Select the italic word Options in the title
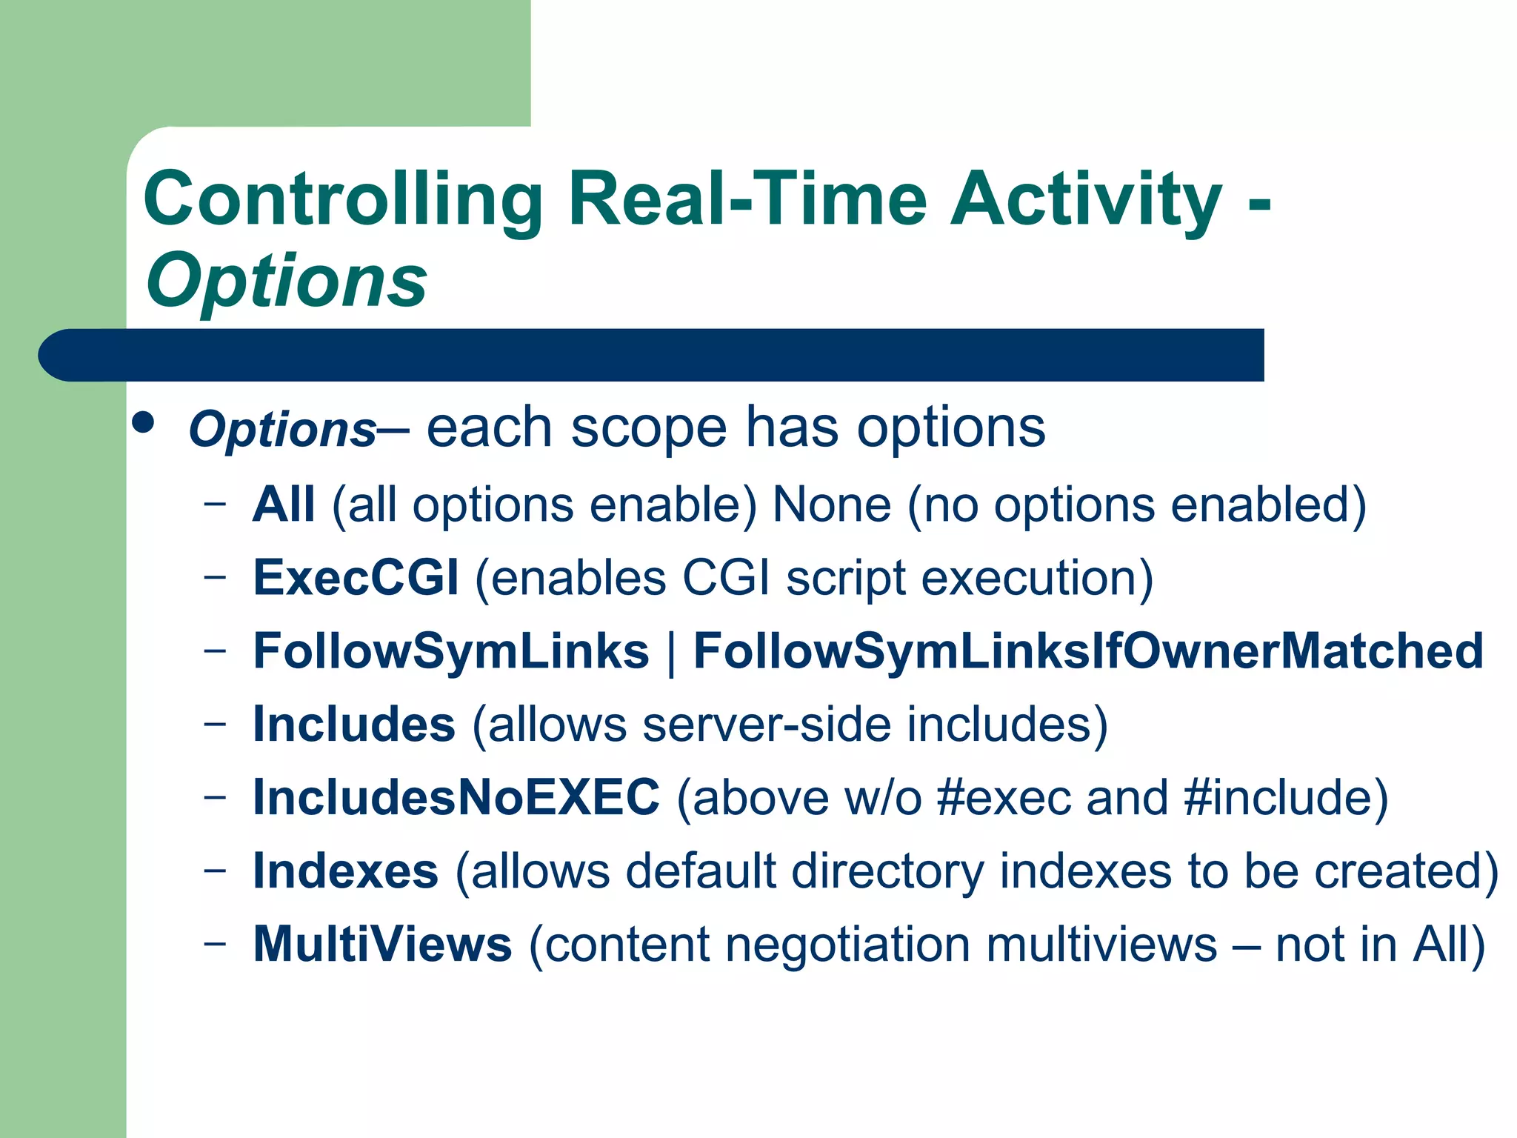(x=287, y=282)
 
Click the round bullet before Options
(x=143, y=423)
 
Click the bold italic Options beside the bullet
(x=283, y=430)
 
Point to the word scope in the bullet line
(x=649, y=428)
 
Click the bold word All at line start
(x=284, y=505)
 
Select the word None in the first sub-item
(x=831, y=505)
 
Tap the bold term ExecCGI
(x=356, y=577)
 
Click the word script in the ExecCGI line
(x=845, y=579)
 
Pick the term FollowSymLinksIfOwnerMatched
(x=1087, y=651)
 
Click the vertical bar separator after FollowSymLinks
(x=671, y=653)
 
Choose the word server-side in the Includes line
(x=766, y=724)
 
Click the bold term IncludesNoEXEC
(x=456, y=797)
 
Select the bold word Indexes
(x=345, y=871)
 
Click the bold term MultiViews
(x=382, y=944)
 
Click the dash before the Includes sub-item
(x=215, y=724)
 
